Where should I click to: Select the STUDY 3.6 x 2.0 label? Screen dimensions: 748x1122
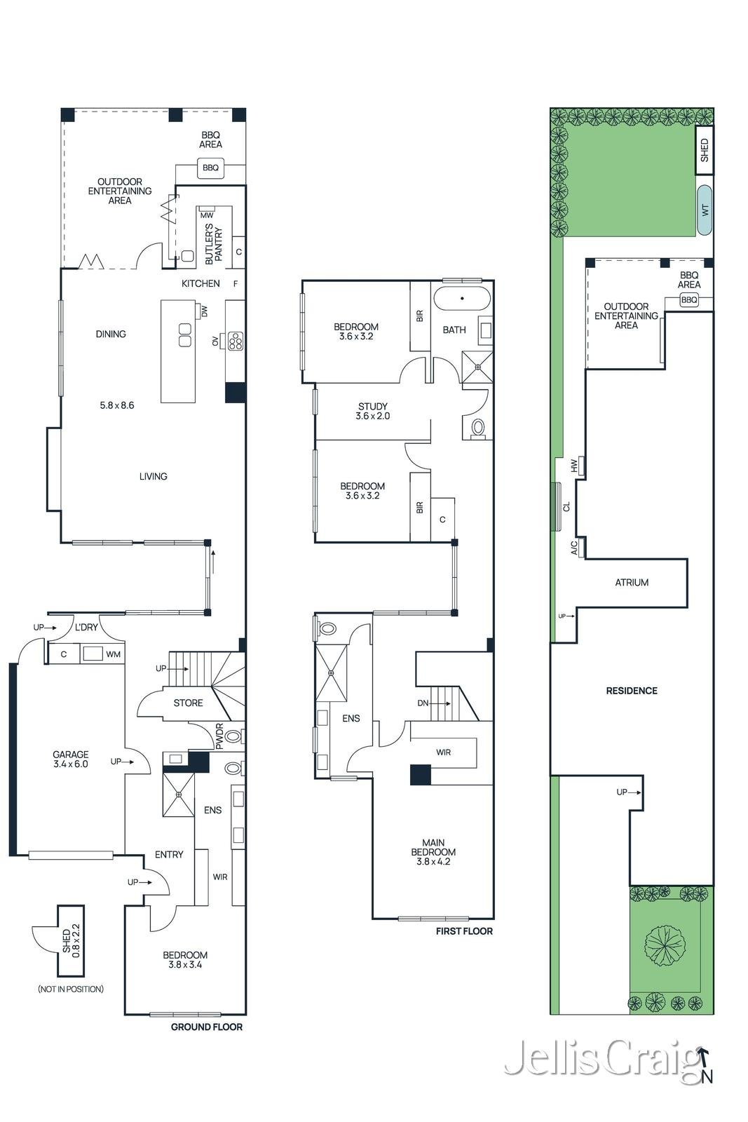click(372, 411)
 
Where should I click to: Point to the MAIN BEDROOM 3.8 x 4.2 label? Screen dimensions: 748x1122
click(433, 852)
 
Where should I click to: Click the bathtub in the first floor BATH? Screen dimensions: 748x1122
click(461, 299)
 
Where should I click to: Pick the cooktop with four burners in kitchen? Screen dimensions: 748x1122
click(236, 341)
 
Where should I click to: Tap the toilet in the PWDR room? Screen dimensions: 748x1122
click(234, 736)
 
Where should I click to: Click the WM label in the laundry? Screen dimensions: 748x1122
click(113, 654)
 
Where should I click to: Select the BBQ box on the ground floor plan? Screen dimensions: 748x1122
click(211, 168)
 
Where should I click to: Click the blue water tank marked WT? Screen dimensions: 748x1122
click(705, 210)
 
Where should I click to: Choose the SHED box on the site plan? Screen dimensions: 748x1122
click(705, 150)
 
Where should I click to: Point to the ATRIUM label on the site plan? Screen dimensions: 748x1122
click(632, 583)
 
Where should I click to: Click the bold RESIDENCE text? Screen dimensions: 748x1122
click(632, 691)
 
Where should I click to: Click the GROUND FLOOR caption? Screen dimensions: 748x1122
click(206, 1027)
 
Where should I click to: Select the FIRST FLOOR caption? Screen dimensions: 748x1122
click(464, 931)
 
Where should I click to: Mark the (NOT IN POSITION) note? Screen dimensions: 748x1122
click(71, 989)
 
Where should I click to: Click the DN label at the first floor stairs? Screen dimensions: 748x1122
click(423, 703)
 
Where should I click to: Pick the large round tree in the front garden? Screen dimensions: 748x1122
click(663, 943)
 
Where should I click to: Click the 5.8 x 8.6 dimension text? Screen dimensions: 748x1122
click(116, 405)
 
